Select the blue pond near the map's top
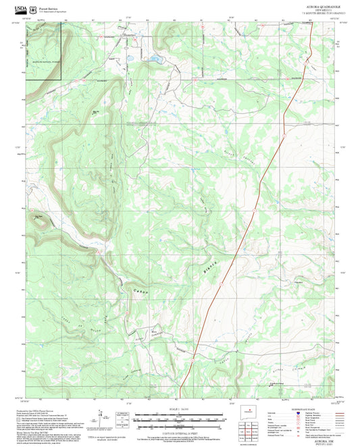click(x=154, y=59)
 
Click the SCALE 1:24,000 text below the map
click(x=179, y=409)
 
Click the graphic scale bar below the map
click(x=179, y=419)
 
